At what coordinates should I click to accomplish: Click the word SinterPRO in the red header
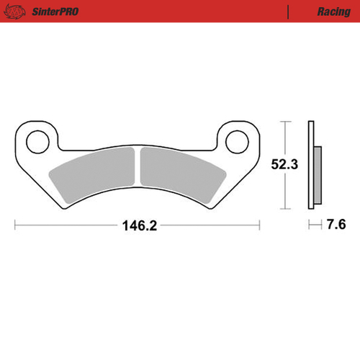pos(54,12)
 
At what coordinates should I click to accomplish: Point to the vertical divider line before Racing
pos(288,12)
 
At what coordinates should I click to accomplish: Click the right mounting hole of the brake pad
pos(237,142)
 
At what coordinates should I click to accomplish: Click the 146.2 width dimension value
pos(138,225)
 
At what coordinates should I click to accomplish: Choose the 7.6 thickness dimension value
pos(335,225)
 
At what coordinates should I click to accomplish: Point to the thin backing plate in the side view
pos(311,166)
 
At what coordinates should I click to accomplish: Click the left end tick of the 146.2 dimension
pos(15,225)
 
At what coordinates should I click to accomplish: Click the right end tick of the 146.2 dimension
pos(259,225)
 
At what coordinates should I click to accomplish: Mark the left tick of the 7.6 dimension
pos(310,225)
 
